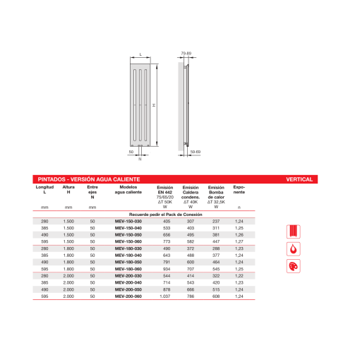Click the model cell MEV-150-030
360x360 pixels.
(128, 222)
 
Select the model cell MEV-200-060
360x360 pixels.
(128, 296)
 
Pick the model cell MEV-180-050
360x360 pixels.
(128, 262)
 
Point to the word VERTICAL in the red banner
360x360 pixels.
(299, 179)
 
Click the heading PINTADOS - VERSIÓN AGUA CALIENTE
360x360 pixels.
(88, 179)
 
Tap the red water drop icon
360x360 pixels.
(293, 248)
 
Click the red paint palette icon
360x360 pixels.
(293, 266)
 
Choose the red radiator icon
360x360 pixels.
(293, 231)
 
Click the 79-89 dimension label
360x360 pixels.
(186, 53)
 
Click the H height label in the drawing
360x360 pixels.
(154, 105)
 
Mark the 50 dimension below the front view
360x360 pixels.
(131, 151)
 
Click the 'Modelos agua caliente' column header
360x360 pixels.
(128, 189)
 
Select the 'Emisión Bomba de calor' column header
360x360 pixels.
(216, 192)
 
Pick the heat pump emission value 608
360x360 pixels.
(216, 296)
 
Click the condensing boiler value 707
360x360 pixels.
(190, 269)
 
